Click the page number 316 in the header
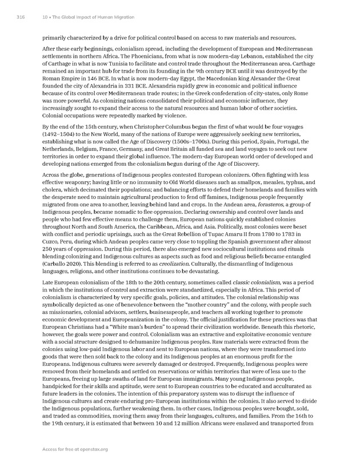[20, 18]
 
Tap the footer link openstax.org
[92, 449]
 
